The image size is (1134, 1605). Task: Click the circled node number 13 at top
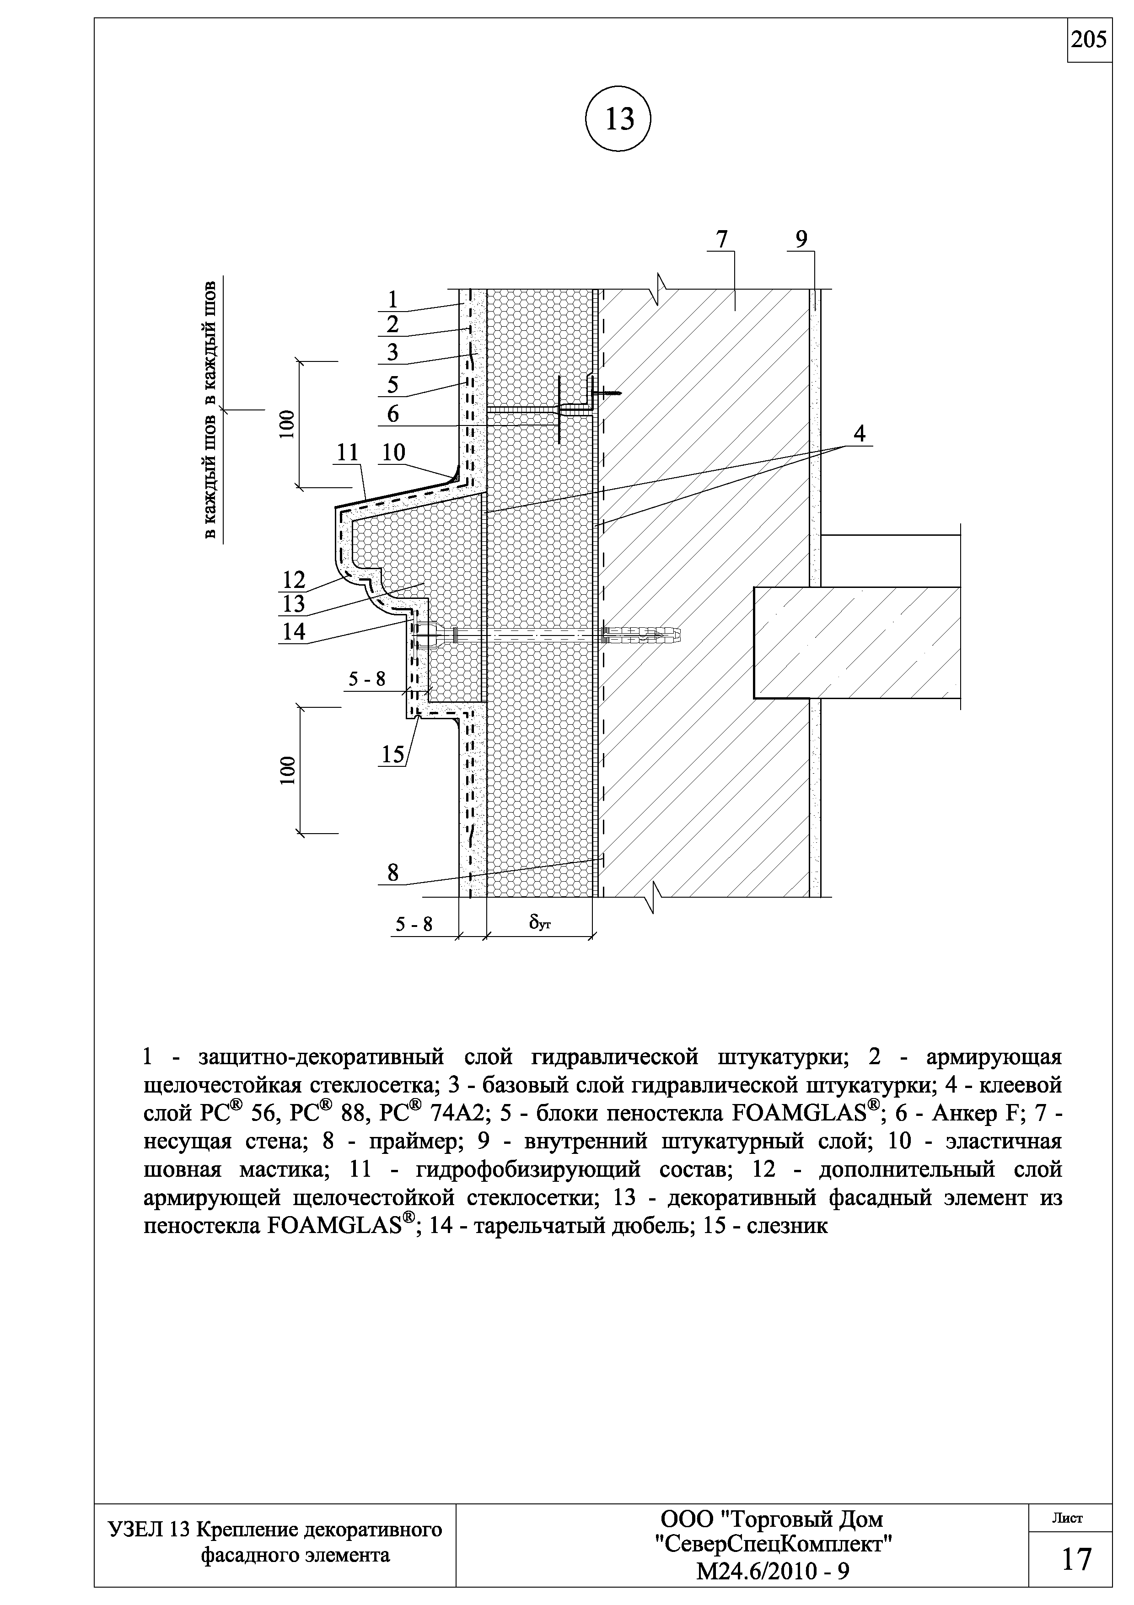click(x=618, y=119)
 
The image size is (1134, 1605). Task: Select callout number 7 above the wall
click(x=722, y=239)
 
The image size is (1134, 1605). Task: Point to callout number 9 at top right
click(x=801, y=239)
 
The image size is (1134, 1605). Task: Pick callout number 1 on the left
click(x=392, y=299)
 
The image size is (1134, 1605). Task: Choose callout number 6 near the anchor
click(x=392, y=414)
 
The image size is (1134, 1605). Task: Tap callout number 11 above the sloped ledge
click(x=347, y=452)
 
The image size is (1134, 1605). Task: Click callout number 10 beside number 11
click(x=393, y=452)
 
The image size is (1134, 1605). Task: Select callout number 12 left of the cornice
click(x=294, y=580)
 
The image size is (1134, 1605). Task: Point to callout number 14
click(x=294, y=631)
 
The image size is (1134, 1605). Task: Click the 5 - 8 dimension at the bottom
click(x=414, y=924)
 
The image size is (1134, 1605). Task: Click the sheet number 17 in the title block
click(x=1077, y=1560)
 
